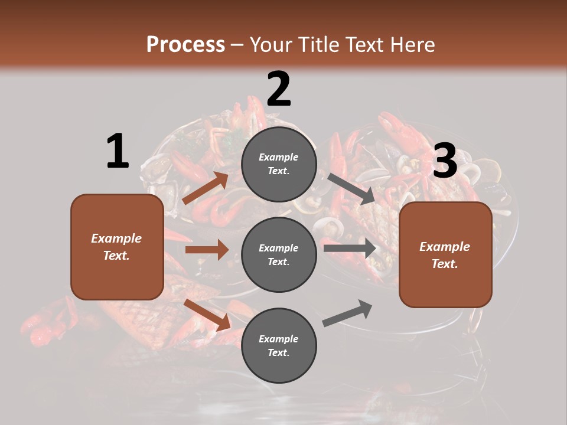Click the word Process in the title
tap(185, 44)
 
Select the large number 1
tap(118, 152)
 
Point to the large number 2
tap(279, 89)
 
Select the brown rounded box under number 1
tap(117, 247)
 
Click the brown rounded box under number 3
tap(445, 254)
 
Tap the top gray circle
tap(279, 164)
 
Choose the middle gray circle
tap(279, 254)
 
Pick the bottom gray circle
tap(279, 345)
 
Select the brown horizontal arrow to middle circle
tap(207, 250)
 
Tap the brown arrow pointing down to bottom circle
tap(207, 315)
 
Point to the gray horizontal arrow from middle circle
tap(350, 249)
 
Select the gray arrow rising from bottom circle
tap(347, 313)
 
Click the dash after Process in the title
tap(237, 45)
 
